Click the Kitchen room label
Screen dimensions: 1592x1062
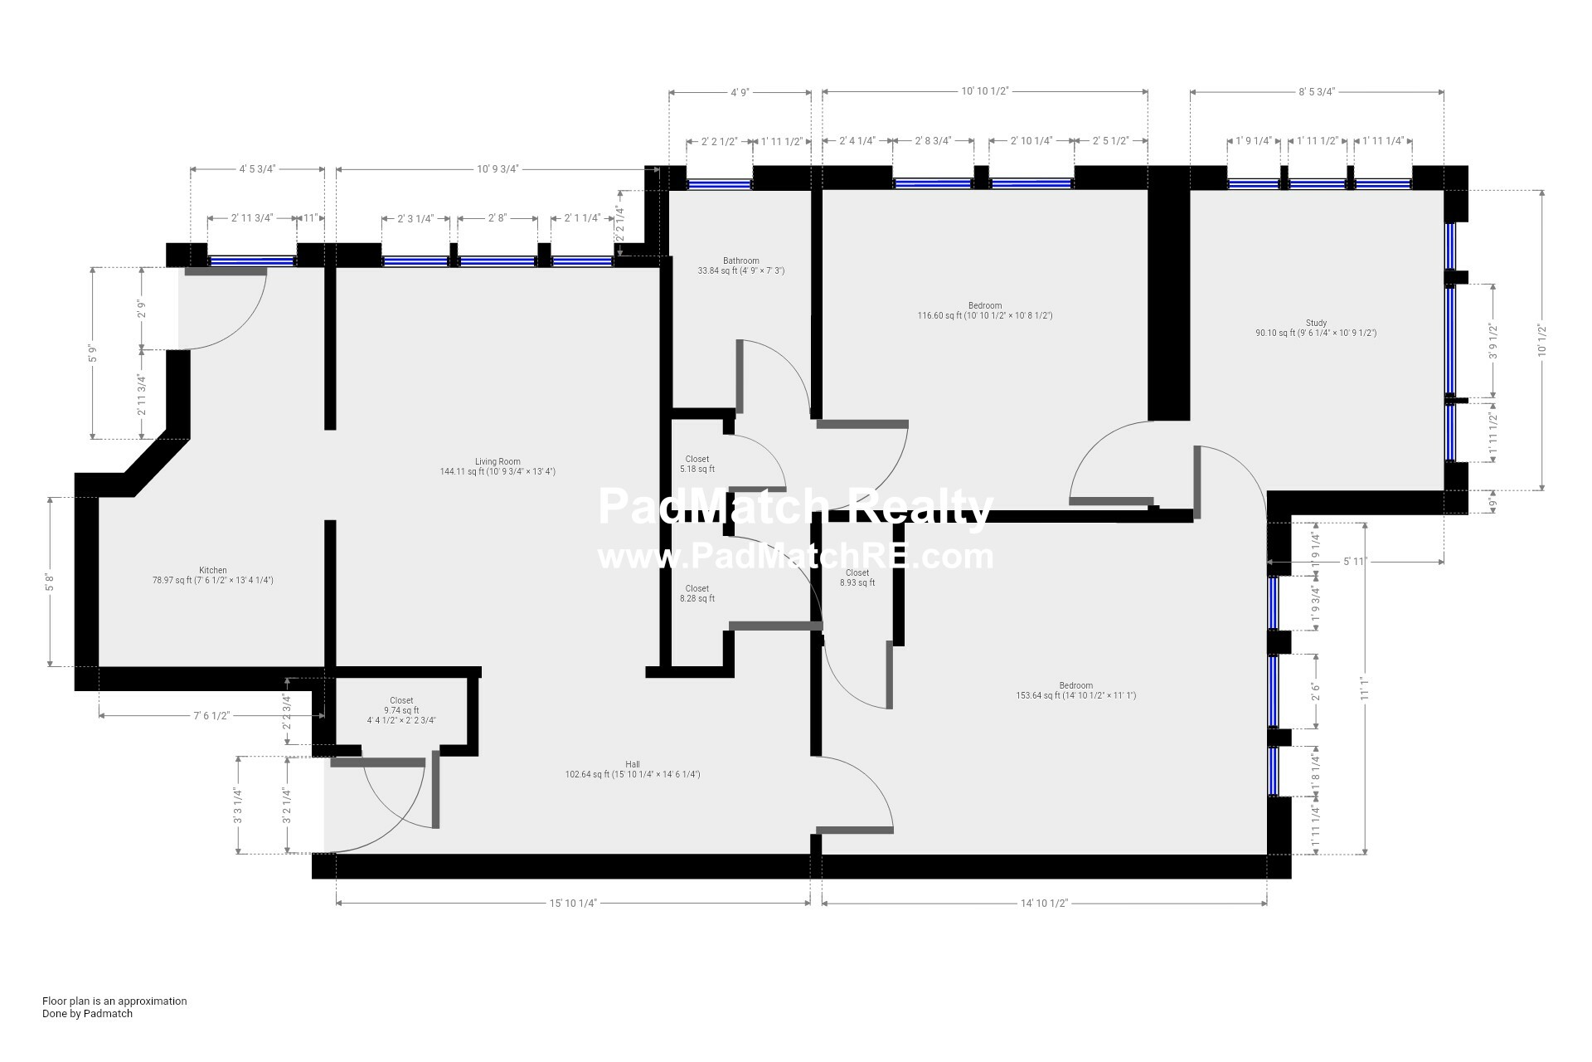coord(213,575)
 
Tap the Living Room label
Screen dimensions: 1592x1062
coord(498,466)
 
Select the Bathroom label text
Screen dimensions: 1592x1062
coord(740,265)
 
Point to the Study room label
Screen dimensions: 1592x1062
coord(1316,328)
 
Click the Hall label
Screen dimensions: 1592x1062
coord(633,769)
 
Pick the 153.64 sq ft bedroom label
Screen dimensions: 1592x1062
coord(1076,690)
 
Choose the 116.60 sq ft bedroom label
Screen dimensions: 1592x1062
coord(985,310)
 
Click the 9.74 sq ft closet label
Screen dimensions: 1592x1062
coord(401,710)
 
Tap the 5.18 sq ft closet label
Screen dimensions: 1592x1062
coord(697,464)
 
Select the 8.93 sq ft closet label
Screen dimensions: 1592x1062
coord(857,577)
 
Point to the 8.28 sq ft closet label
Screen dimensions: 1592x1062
coord(697,593)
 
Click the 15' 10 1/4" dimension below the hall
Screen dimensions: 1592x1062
coord(573,903)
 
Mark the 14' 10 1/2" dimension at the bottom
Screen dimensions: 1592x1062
coord(1044,903)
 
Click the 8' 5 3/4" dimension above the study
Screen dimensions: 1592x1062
coord(1317,91)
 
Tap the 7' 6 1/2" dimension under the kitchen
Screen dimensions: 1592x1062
coord(211,715)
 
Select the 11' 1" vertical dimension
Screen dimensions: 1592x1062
coord(1364,689)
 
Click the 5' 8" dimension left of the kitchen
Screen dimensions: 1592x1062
coord(50,582)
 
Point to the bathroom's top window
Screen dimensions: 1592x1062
coord(719,184)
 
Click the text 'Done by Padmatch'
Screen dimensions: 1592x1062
coord(87,1013)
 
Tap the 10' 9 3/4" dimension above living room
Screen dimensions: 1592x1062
coord(498,169)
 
